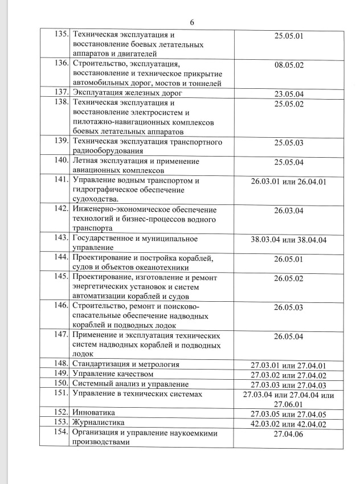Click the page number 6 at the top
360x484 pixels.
[x=191, y=22]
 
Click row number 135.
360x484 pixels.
[x=60, y=35]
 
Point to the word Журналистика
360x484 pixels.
[x=98, y=423]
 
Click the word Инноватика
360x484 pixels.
[x=93, y=413]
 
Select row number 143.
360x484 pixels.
[x=59, y=239]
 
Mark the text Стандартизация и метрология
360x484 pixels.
[x=126, y=364]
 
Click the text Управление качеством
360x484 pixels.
[x=113, y=374]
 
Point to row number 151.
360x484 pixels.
[x=60, y=393]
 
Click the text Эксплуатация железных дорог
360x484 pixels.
[x=127, y=92]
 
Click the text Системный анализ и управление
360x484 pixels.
[x=130, y=384]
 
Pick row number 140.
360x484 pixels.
[x=59, y=161]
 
